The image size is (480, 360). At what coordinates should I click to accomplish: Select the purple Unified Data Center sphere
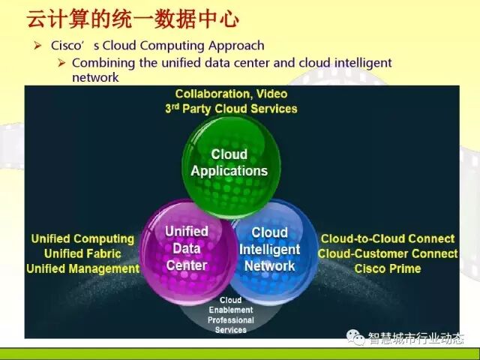tap(186, 247)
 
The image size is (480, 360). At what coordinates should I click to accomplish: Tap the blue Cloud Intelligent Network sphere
tap(270, 249)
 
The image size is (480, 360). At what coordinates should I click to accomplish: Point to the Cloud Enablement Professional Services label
tap(230, 315)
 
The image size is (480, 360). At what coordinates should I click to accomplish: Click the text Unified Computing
tap(82, 238)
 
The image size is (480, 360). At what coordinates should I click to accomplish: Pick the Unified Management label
tap(82, 268)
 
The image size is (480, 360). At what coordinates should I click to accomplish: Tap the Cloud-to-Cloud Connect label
tap(388, 238)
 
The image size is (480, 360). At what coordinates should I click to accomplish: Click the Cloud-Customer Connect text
tap(388, 253)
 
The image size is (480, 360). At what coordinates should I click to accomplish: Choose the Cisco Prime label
tap(388, 268)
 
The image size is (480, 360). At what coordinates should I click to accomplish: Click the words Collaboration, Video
tap(231, 94)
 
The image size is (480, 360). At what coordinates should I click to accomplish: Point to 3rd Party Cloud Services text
tap(231, 109)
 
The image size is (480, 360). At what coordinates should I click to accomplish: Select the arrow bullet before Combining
tap(63, 62)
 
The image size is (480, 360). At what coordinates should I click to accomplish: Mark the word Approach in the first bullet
tap(237, 46)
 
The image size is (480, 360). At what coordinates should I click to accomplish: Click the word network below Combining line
tap(95, 77)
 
